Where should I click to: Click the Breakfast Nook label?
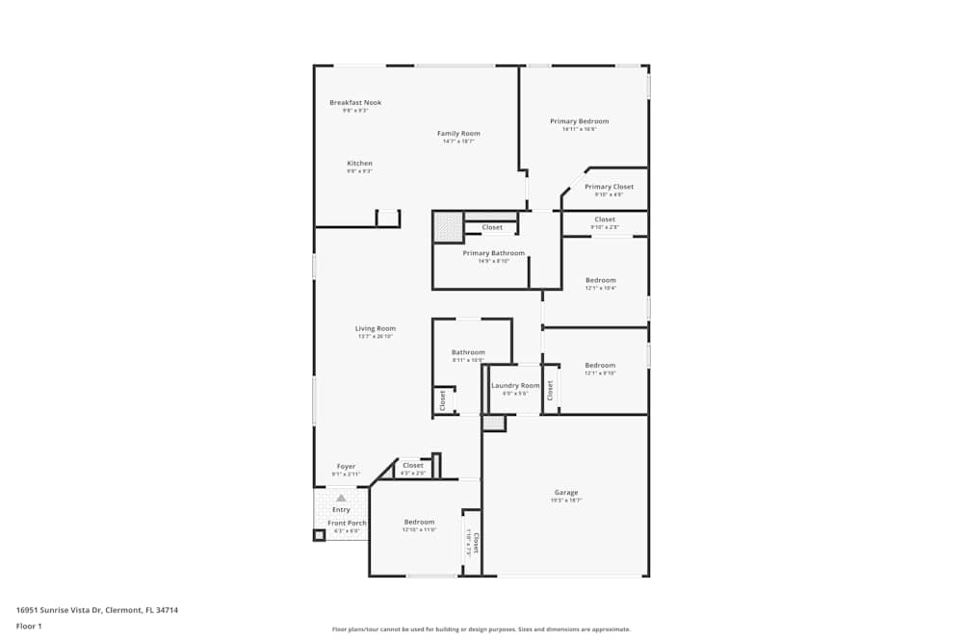click(x=355, y=102)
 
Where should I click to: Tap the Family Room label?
click(x=458, y=134)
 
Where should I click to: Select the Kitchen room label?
click(x=359, y=164)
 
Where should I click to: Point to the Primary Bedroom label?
click(x=579, y=121)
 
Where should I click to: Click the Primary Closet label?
click(x=609, y=187)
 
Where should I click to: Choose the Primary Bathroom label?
click(x=493, y=253)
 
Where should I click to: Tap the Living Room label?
click(x=375, y=328)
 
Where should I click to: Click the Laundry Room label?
click(x=515, y=385)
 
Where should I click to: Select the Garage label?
click(x=565, y=493)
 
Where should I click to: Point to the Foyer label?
click(x=346, y=467)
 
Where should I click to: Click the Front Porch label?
click(x=346, y=523)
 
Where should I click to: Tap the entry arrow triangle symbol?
click(x=340, y=499)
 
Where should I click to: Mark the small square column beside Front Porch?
click(x=319, y=535)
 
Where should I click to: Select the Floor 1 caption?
click(x=29, y=626)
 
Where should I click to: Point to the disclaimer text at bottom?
click(x=481, y=629)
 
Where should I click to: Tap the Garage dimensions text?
click(x=565, y=501)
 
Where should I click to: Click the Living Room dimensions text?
click(x=375, y=336)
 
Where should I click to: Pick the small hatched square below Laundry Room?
click(x=494, y=424)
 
